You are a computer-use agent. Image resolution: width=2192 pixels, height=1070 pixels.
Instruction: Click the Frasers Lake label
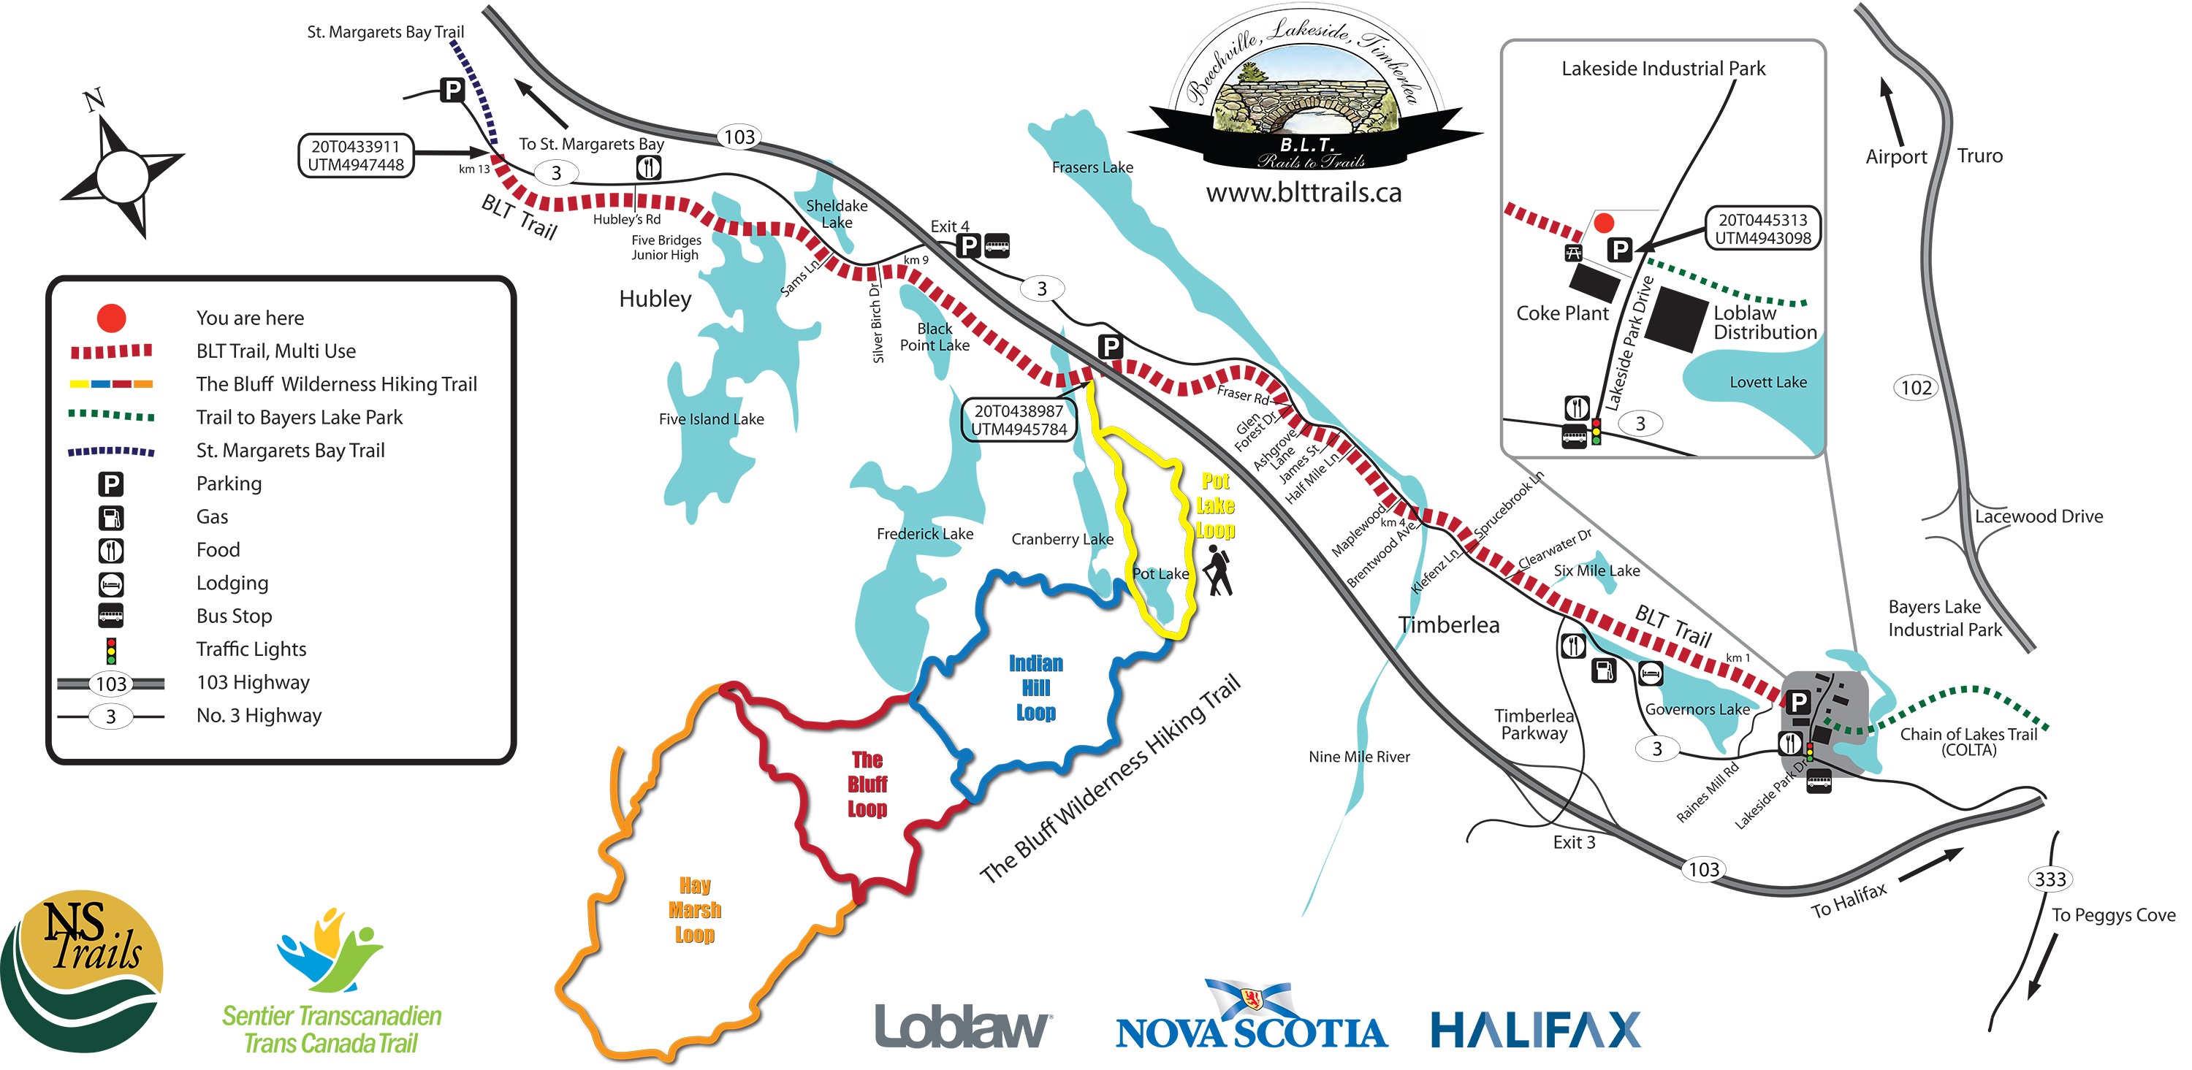pyautogui.click(x=1092, y=167)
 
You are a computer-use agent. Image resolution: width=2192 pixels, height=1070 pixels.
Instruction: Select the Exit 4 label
pyautogui.click(x=949, y=226)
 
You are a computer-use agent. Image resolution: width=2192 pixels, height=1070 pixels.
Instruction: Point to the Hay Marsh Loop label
pyautogui.click(x=694, y=910)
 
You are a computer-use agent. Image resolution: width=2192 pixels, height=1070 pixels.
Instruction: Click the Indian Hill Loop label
pyautogui.click(x=1035, y=687)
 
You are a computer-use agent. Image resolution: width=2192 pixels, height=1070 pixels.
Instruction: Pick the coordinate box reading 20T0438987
pyautogui.click(x=1019, y=420)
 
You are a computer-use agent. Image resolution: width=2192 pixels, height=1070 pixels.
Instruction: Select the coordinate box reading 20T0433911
pyautogui.click(x=356, y=156)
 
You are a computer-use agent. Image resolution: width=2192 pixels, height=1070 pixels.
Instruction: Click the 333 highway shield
pyautogui.click(x=2050, y=879)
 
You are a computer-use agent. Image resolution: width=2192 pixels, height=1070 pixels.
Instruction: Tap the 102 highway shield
pyautogui.click(x=1916, y=388)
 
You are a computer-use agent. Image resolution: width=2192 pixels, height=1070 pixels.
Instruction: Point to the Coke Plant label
pyautogui.click(x=1561, y=313)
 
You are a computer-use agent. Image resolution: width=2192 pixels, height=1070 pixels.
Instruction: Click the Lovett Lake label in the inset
pyautogui.click(x=1767, y=383)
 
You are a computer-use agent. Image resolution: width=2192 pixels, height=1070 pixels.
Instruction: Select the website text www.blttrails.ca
pyautogui.click(x=1303, y=193)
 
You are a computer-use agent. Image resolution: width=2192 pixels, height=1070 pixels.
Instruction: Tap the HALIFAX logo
pyautogui.click(x=1535, y=1029)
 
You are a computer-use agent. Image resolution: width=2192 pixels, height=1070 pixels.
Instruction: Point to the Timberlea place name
pyautogui.click(x=1448, y=625)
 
